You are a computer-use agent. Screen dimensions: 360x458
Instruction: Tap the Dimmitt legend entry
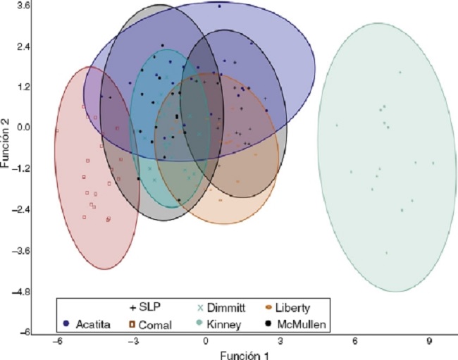point(222,308)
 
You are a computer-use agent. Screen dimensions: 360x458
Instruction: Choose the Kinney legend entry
point(222,324)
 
